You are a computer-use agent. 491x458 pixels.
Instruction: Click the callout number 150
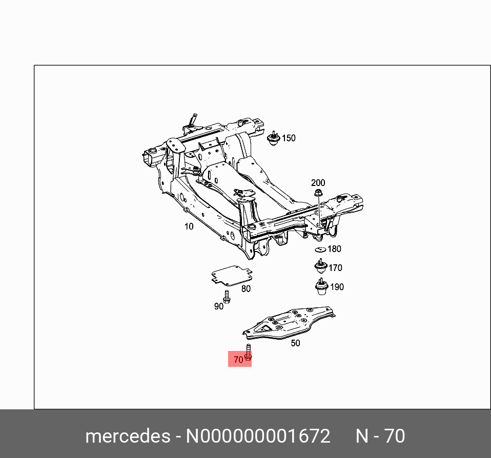289,138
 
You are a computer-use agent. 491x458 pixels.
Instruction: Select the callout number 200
318,183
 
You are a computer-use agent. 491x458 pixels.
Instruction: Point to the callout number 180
334,249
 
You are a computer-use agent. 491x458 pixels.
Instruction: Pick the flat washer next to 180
320,249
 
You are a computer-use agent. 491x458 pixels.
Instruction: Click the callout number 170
335,268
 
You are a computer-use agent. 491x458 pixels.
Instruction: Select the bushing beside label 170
320,267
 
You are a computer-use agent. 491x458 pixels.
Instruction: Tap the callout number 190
336,287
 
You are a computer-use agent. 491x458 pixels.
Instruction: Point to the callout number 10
189,226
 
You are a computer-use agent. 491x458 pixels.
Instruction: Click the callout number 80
246,289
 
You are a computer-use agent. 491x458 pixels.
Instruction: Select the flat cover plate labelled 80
230,276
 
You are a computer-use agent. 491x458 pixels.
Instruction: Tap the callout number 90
219,306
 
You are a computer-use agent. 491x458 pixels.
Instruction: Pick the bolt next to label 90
227,297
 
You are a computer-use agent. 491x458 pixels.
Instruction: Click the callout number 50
295,343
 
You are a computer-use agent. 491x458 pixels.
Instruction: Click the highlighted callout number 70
238,360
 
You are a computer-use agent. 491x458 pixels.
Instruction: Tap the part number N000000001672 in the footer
258,436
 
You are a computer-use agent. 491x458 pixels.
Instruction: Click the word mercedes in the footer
128,436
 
